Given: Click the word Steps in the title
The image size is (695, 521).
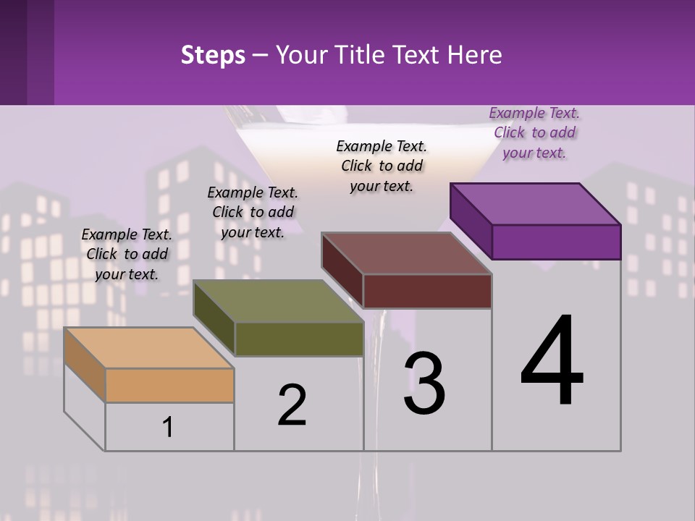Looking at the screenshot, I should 213,56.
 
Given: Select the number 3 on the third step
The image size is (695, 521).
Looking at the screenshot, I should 424,384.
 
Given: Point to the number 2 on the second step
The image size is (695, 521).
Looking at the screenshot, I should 292,405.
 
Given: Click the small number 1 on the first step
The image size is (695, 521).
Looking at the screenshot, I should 168,427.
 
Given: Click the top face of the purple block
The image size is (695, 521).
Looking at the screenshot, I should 536,203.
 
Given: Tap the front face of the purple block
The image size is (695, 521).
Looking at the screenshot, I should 556,242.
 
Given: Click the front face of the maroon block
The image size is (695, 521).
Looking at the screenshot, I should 427,291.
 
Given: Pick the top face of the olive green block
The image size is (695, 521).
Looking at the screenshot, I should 279,301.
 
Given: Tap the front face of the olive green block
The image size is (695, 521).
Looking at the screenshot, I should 299,339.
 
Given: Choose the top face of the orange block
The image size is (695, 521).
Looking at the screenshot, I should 149,347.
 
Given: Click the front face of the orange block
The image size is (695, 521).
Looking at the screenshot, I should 169,385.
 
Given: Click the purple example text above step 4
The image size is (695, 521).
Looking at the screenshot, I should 534,132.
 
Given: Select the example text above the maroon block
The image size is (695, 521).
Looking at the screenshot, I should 382,166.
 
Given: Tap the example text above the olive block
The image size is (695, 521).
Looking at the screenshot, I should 253,212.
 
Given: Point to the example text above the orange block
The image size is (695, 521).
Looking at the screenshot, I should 127,254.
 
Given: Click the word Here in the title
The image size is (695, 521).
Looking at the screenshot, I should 475,56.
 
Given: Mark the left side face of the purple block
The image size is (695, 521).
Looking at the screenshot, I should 471,220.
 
